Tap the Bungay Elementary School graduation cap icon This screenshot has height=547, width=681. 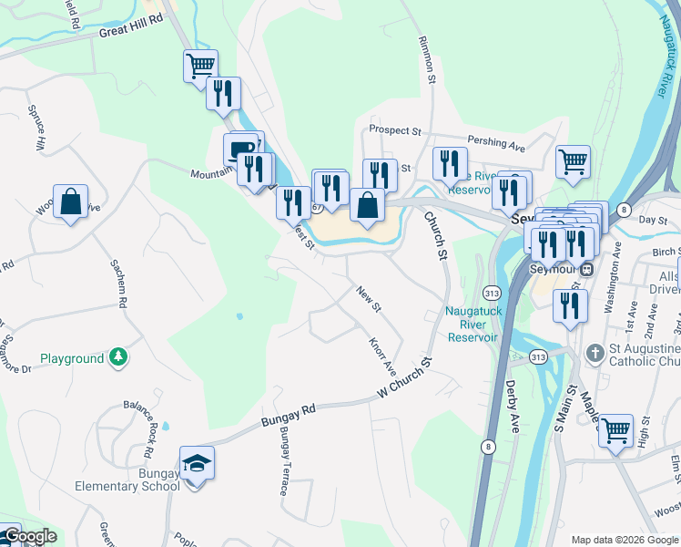[x=197, y=464]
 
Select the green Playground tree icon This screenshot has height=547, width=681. [x=117, y=357]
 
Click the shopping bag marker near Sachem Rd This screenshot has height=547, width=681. [x=70, y=201]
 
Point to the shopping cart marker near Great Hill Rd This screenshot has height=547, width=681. [x=200, y=66]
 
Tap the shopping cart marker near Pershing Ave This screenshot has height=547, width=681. [x=573, y=162]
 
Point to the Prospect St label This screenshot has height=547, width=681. [x=394, y=131]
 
